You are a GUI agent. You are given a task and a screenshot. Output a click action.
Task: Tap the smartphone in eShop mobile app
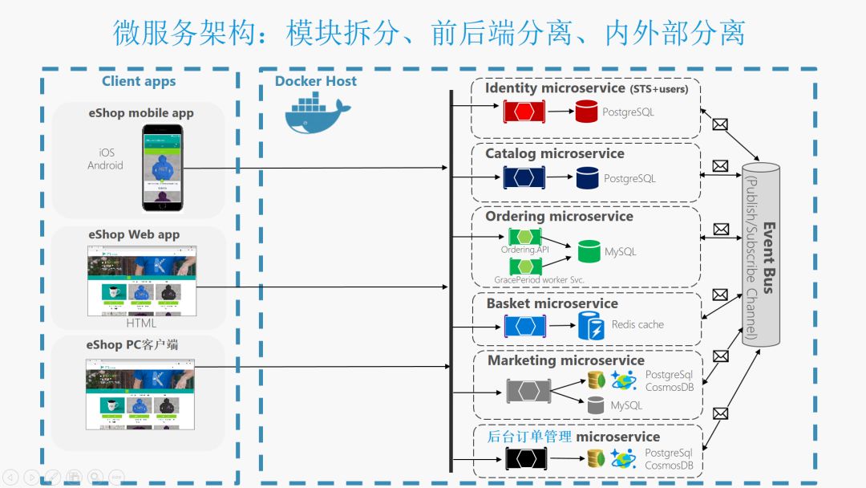coord(164,168)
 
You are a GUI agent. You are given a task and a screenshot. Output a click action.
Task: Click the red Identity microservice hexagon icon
coord(524,112)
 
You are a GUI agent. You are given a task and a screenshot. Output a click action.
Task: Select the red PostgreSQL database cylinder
coord(586,112)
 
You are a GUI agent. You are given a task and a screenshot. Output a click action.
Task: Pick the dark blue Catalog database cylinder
coord(588,177)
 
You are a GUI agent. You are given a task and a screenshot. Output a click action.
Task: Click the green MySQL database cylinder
coord(589,251)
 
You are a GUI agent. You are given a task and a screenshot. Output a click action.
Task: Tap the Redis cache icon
coord(592,325)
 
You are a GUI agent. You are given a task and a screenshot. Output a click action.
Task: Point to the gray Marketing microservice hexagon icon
coord(528,392)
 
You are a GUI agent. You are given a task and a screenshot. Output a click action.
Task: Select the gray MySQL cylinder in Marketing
coord(595,405)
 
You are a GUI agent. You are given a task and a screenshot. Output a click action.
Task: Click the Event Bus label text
coord(768,258)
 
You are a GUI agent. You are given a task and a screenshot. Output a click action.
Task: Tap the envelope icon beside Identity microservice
coord(720,124)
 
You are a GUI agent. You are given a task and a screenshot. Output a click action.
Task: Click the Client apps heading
coord(139,81)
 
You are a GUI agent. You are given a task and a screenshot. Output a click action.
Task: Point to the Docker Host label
coord(316,81)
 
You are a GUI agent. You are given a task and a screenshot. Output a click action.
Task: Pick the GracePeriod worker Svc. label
coord(539,280)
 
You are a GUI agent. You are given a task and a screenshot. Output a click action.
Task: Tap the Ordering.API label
coord(524,250)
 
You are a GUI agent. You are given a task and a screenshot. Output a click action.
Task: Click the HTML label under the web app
coord(141,323)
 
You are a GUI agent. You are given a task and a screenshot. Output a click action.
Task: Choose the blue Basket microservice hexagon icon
coord(525,326)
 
